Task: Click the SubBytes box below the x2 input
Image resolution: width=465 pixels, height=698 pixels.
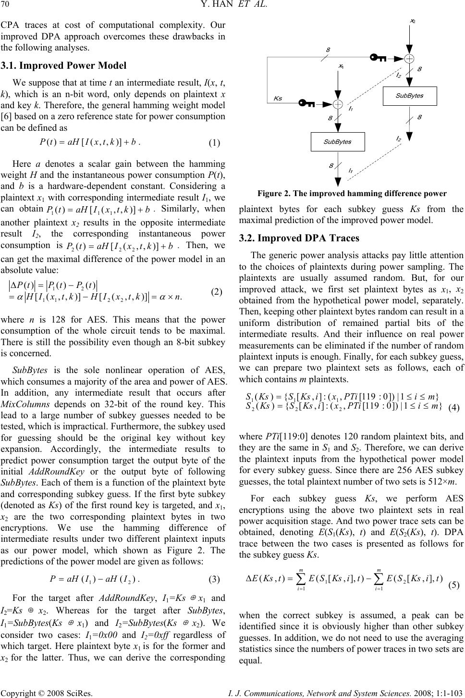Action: pos(409,96)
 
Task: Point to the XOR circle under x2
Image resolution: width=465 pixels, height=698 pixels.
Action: pos(410,59)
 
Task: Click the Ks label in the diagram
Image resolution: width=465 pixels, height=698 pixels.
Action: pos(278,98)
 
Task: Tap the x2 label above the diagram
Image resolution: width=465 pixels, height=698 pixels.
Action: pos(413,21)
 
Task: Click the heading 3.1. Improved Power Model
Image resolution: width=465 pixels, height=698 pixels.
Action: pos(63,66)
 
